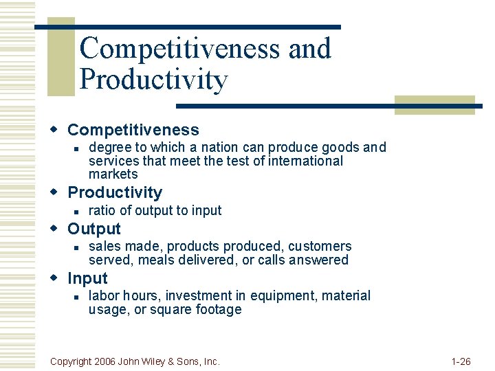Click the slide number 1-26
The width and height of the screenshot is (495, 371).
click(x=461, y=361)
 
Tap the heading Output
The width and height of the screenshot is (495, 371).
click(x=93, y=229)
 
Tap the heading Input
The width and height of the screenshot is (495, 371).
click(x=87, y=278)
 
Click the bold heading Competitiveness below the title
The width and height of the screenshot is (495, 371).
click(x=133, y=130)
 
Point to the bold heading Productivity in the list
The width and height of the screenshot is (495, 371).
click(x=115, y=192)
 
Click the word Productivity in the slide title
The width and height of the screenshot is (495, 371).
click(x=153, y=80)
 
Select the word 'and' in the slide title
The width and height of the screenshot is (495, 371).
click(x=309, y=48)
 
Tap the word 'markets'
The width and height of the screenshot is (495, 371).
click(x=113, y=174)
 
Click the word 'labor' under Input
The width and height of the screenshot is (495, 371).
click(x=104, y=295)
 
